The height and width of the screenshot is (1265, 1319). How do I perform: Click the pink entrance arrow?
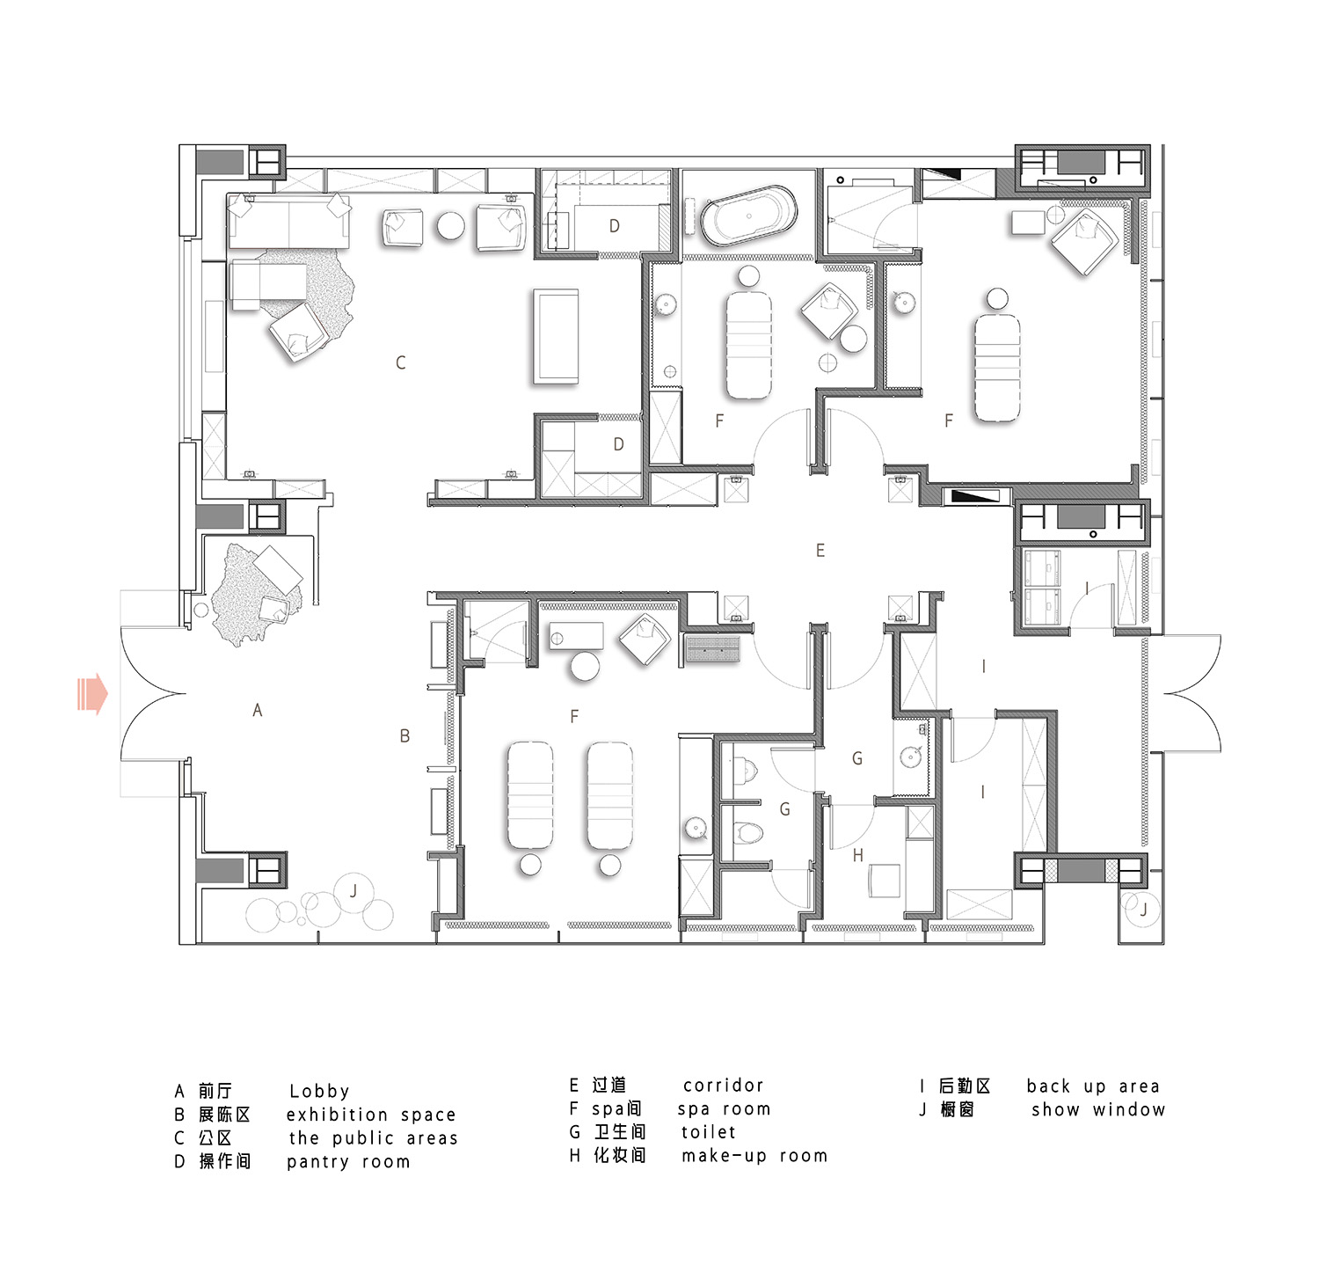coord(92,693)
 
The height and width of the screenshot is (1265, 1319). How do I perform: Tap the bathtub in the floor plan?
coord(749,216)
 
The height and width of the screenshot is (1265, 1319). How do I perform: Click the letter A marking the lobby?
coord(258,710)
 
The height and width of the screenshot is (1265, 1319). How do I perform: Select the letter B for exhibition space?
coord(404,736)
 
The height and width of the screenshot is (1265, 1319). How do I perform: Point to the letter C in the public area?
coord(401,362)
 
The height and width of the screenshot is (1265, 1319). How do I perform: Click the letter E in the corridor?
coord(820,551)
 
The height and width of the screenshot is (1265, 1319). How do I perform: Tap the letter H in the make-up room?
coord(858,855)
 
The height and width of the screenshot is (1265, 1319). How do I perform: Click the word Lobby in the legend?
coord(319,1092)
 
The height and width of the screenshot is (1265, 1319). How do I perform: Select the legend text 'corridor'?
coord(724,1086)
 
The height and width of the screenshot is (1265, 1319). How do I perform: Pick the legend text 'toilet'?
coord(709,1132)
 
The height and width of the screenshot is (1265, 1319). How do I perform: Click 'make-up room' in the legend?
coord(754,1156)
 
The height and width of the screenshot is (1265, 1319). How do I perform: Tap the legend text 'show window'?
coord(1098,1110)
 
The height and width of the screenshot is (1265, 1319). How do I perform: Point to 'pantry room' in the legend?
coord(348,1162)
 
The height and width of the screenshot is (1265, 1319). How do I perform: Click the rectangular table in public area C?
coord(556,336)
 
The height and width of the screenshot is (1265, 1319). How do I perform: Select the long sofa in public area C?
coord(289,221)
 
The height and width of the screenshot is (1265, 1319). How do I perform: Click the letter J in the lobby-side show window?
coord(353,891)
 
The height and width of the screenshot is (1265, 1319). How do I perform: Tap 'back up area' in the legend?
coord(1093,1087)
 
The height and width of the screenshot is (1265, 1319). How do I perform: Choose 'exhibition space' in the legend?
coord(371,1115)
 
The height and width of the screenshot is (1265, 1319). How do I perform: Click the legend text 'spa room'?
coord(724,1109)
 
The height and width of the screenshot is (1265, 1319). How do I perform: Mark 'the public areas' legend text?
coord(374,1138)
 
